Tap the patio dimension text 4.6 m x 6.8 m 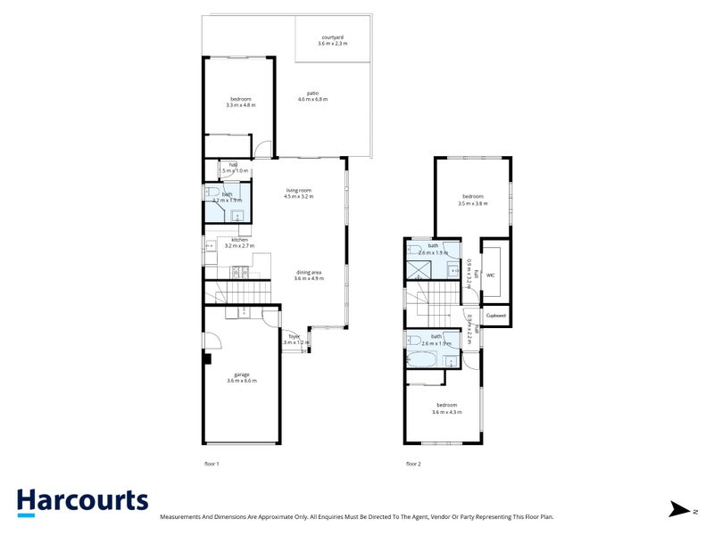(312, 100)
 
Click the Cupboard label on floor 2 (496, 315)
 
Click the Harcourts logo (82, 501)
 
